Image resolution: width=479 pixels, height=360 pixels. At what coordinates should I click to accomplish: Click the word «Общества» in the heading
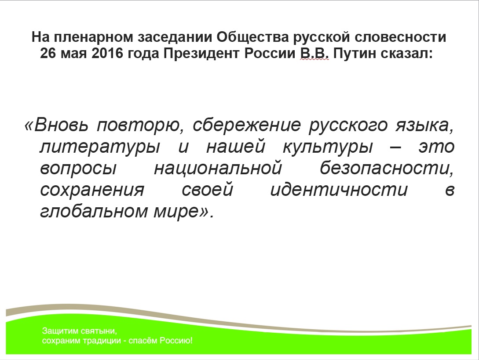(252, 37)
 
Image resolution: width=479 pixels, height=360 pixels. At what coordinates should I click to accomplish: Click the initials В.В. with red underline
(314, 54)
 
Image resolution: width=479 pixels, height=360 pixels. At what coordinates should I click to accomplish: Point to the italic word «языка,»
(424, 126)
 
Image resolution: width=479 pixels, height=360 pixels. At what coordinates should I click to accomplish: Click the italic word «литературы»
(100, 147)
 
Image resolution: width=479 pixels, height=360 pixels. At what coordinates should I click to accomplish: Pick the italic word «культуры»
(328, 147)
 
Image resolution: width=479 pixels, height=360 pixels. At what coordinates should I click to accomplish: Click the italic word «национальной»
(218, 169)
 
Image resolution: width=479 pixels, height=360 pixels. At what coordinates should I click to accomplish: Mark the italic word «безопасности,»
(387, 168)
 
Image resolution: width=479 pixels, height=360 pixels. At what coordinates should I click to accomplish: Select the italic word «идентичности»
(339, 190)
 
